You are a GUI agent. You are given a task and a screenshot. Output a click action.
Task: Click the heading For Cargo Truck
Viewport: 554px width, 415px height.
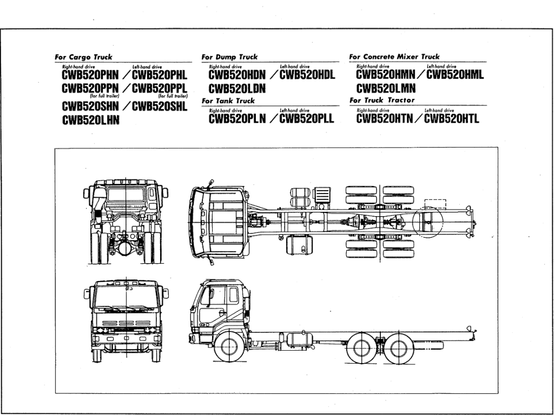[x=83, y=57]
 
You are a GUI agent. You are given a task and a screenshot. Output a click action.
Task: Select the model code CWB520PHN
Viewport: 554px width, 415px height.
[x=90, y=75]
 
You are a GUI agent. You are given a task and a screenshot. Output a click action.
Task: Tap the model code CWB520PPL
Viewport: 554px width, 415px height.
[x=160, y=88]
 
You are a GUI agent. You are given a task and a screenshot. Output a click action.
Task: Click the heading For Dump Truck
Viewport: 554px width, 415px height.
[x=229, y=57]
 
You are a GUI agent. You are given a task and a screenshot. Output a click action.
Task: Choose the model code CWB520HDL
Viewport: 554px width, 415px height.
[x=307, y=75]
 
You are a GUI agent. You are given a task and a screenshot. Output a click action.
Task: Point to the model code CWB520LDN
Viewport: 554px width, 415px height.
[x=237, y=89]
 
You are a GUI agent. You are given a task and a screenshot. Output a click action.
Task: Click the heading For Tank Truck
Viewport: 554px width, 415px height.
[x=228, y=101]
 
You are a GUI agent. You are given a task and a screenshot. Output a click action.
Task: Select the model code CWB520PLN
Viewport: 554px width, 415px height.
[x=237, y=118]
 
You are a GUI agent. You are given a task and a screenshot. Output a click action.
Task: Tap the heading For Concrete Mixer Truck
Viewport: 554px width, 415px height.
[x=394, y=57]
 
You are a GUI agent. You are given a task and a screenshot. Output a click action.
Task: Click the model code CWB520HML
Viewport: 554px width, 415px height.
[x=454, y=75]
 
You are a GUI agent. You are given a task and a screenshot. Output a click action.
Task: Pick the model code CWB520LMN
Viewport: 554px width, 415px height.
[x=386, y=89]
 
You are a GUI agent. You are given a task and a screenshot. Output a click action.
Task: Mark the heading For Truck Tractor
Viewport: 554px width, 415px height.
[x=382, y=100]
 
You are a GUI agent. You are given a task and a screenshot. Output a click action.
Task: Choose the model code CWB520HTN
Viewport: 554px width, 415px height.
[x=384, y=118]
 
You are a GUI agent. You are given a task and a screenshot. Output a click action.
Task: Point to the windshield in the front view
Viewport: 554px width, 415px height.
[x=126, y=299]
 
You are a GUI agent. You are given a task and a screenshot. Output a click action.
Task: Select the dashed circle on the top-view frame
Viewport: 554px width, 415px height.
[x=427, y=222]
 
